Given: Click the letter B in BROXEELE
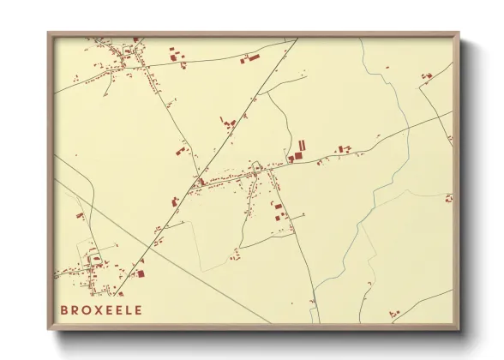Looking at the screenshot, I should coord(64,310).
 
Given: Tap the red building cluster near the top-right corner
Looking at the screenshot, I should coord(426,76).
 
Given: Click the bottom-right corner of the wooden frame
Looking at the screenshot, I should coord(457,327).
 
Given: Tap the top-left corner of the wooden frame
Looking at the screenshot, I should coord(48,33).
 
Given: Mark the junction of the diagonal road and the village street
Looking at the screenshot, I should coord(200,181).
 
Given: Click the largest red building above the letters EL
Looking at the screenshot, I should coord(139,274).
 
